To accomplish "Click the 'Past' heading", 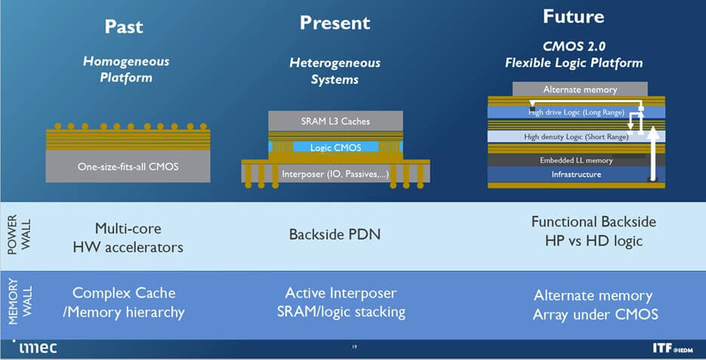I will click(124, 26).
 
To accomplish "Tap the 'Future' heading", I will click(574, 16).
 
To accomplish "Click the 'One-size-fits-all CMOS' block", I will click(128, 166).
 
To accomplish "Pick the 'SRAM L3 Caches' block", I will click(335, 121).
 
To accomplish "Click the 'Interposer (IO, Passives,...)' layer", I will click(335, 174).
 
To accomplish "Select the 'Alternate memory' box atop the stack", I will click(580, 89).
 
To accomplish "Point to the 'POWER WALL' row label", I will click(14, 235).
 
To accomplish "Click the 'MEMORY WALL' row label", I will click(14, 304).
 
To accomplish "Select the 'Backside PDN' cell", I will click(335, 235).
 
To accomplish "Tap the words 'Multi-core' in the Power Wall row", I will click(128, 228).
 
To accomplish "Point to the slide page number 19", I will click(353, 348).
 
